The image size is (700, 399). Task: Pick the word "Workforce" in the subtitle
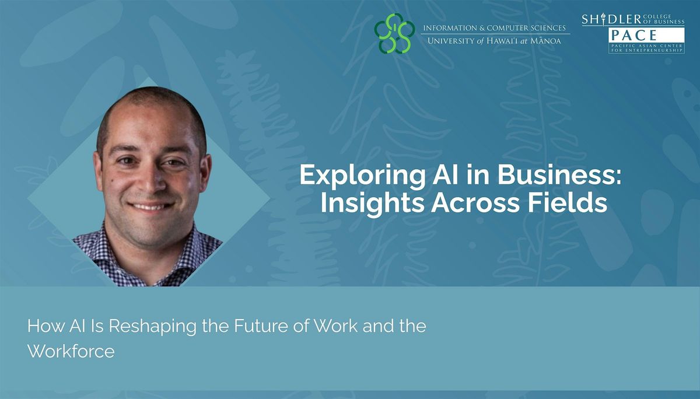pos(71,352)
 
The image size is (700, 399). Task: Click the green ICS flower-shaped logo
pos(394,33)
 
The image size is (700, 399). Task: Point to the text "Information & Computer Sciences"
pos(494,28)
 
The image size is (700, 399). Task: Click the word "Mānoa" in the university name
pos(551,42)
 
